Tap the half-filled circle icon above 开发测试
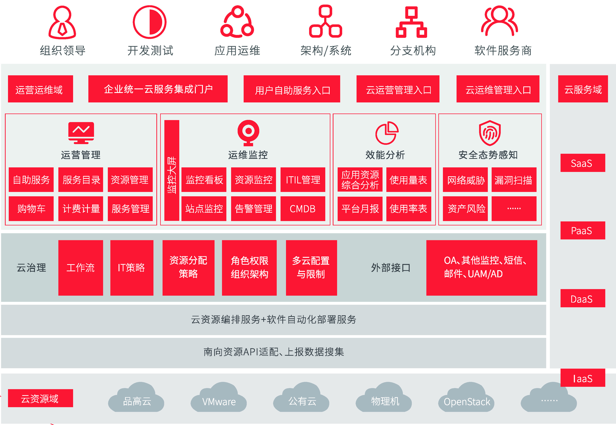coord(150,22)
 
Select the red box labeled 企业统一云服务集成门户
coord(158,89)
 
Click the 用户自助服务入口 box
coord(292,89)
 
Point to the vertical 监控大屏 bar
coord(172,170)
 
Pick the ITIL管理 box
coord(303,180)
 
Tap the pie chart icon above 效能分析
coord(387,133)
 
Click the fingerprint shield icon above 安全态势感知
coord(490,133)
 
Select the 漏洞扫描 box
coord(514,180)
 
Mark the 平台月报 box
coord(360,209)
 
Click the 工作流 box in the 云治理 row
coord(81,268)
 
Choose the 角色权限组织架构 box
coord(249,268)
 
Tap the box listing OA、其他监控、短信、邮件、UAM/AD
coord(482,268)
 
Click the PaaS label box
coord(583,230)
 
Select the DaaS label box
coord(583,298)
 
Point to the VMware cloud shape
coord(219,397)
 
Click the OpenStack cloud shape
coord(467,397)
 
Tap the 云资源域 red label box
coord(40,398)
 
